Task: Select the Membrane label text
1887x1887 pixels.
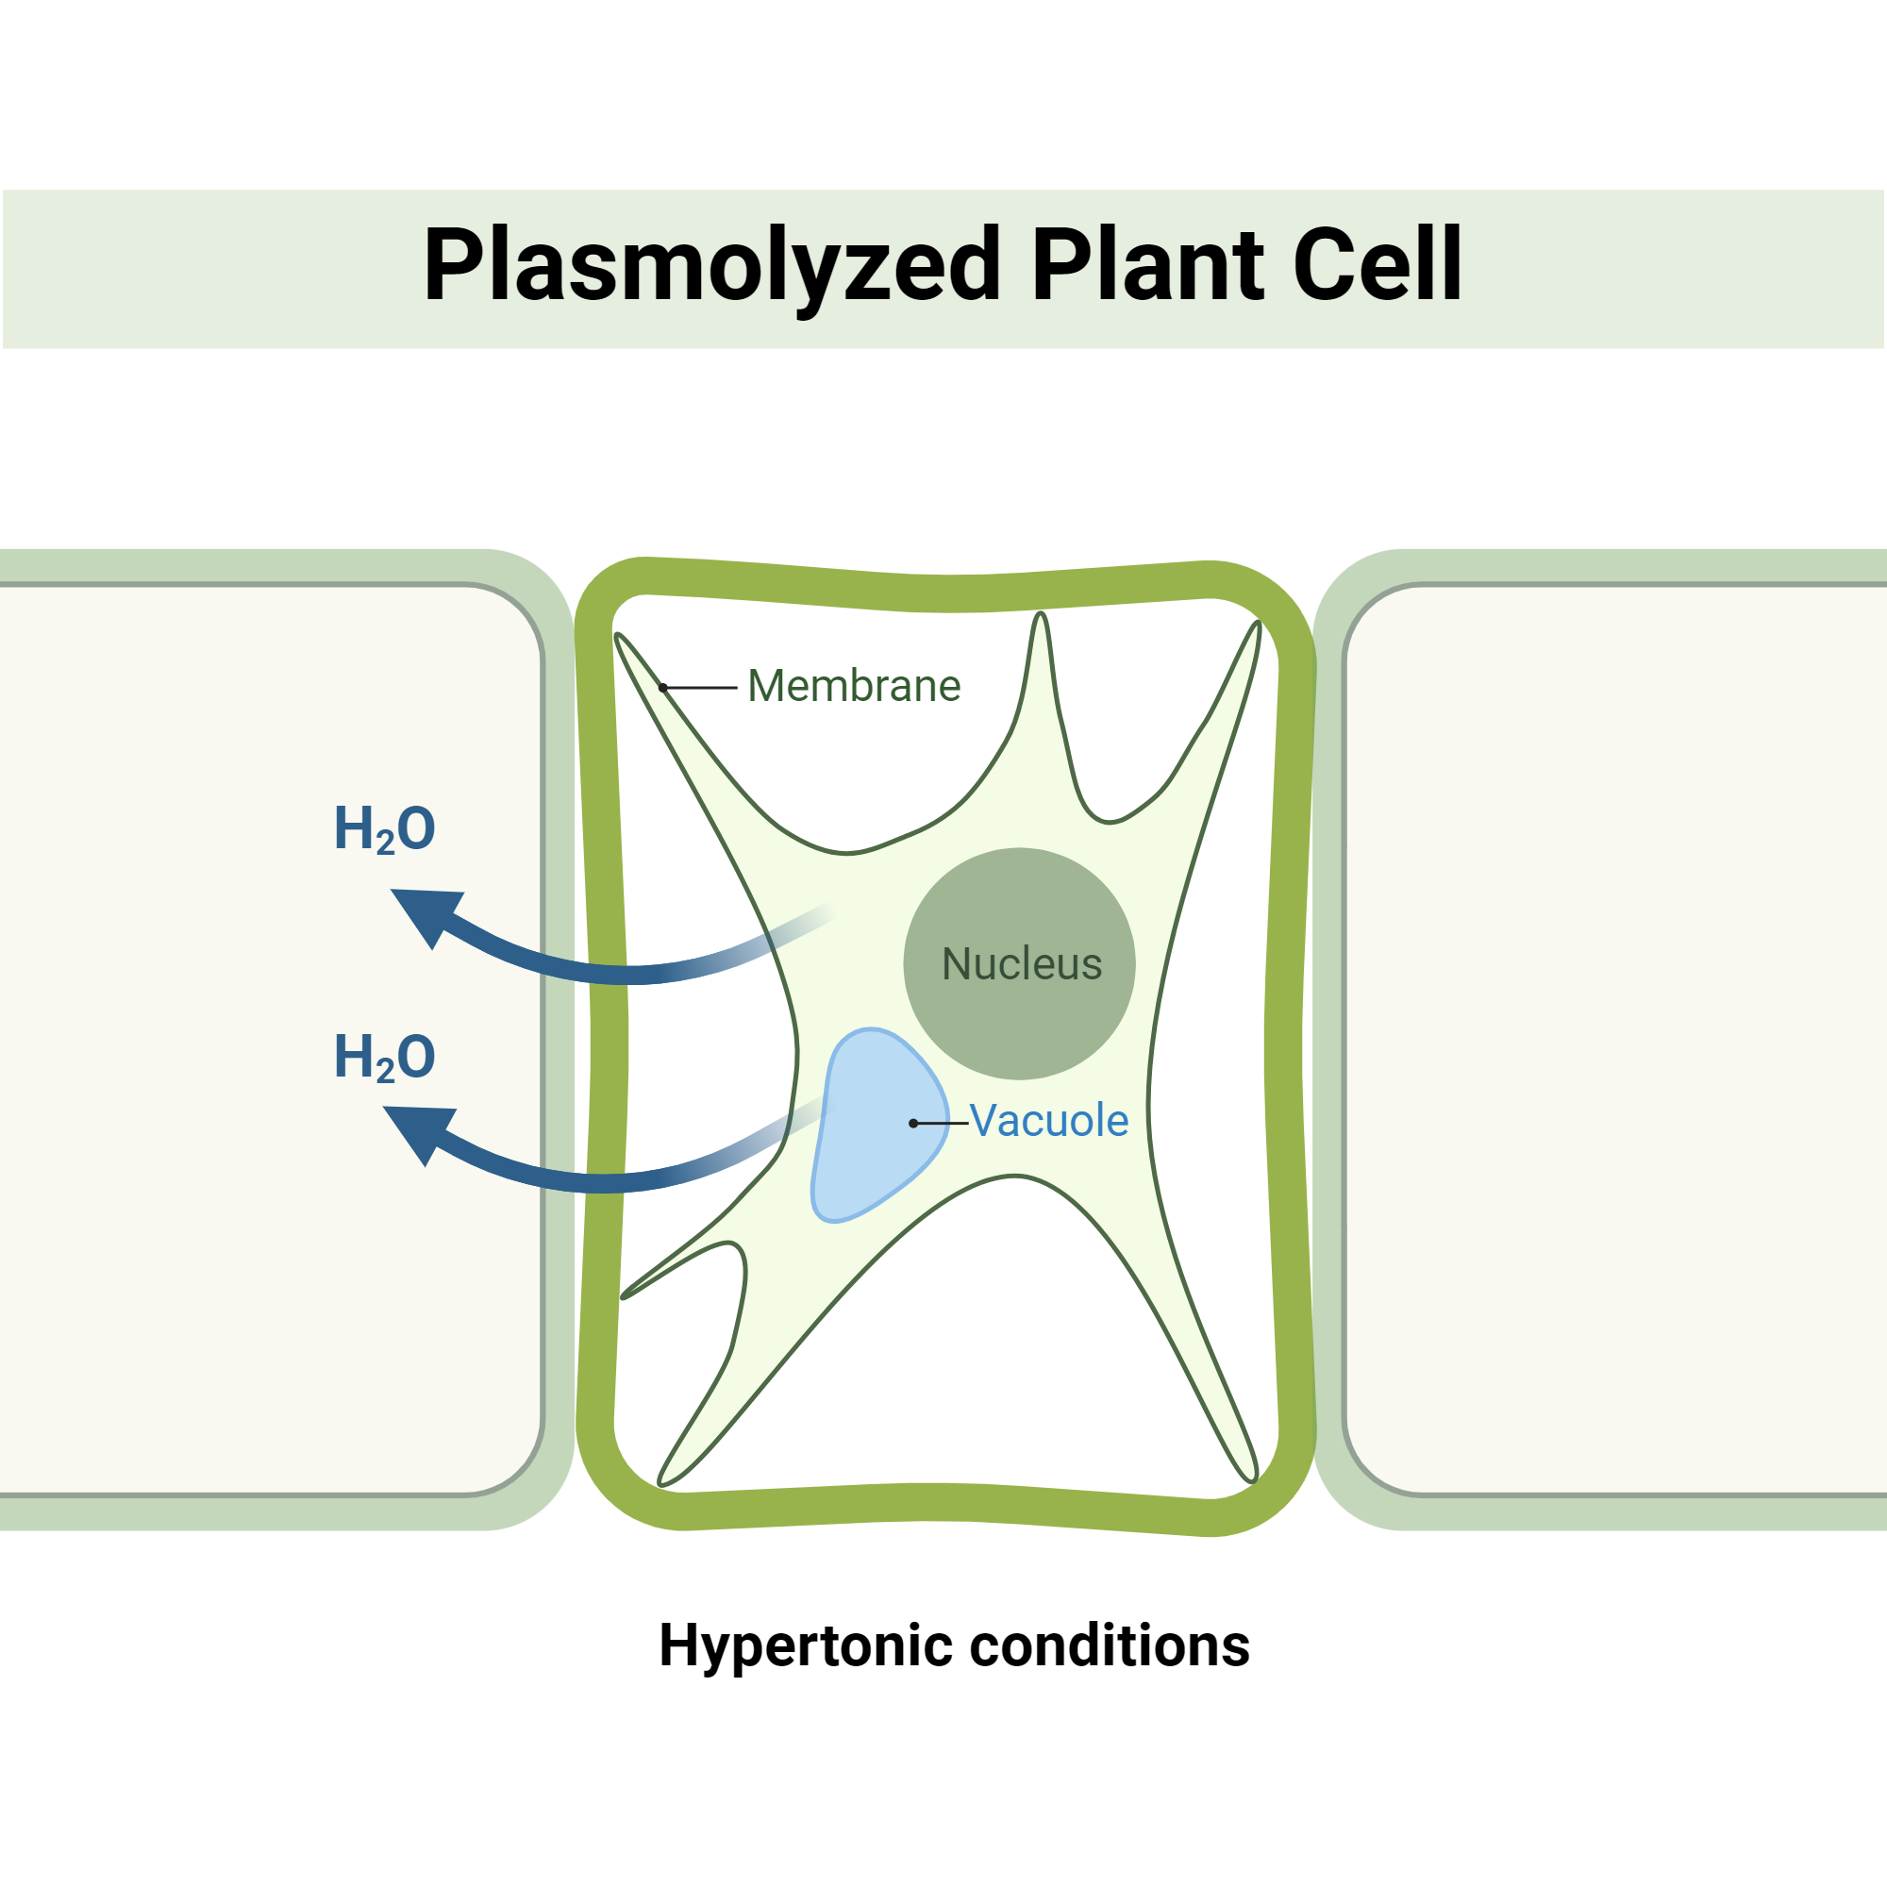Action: (x=854, y=686)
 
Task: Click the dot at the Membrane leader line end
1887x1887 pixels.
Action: (x=663, y=688)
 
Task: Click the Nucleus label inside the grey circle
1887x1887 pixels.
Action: (x=1022, y=964)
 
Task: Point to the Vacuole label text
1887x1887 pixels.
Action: (x=1049, y=1120)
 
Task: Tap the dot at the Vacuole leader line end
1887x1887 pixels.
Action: (x=913, y=1123)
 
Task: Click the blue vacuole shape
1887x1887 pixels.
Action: (x=864, y=1143)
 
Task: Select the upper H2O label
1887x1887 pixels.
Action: (x=385, y=829)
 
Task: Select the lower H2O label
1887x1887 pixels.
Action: (x=385, y=1058)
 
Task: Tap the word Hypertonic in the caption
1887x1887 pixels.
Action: (x=806, y=1645)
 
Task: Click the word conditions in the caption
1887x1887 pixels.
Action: (x=1110, y=1645)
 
